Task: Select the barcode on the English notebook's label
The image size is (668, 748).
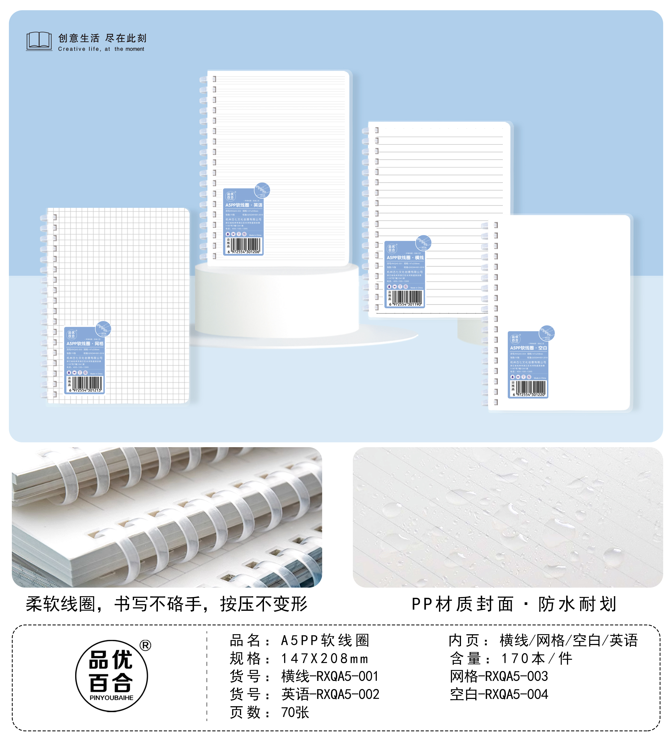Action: click(x=246, y=245)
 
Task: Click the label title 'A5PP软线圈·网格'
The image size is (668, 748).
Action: click(x=85, y=344)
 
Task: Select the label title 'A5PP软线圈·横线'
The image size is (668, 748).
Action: click(x=405, y=258)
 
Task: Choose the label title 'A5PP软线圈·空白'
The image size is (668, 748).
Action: click(x=528, y=348)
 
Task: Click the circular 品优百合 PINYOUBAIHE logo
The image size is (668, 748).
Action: click(x=111, y=676)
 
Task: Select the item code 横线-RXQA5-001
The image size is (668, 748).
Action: click(x=330, y=676)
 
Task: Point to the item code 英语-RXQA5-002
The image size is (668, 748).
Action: click(x=330, y=694)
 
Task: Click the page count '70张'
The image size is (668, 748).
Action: click(x=295, y=712)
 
